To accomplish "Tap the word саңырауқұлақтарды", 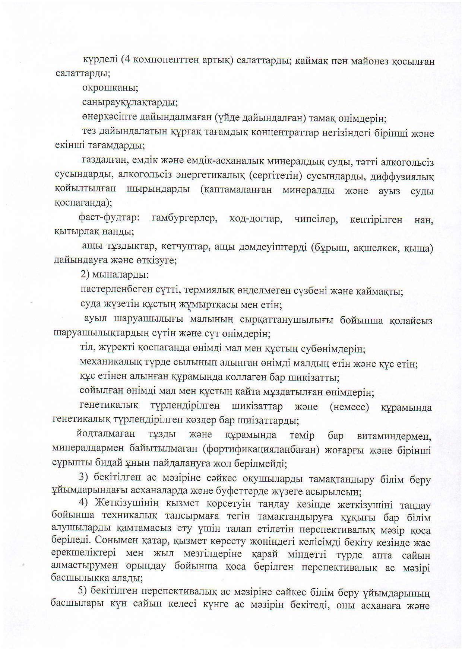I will click(129, 102).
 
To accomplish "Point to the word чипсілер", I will click(316, 219).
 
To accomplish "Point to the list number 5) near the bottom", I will click(82, 591).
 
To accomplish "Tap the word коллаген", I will click(244, 378).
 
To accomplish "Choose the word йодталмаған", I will click(106, 434).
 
